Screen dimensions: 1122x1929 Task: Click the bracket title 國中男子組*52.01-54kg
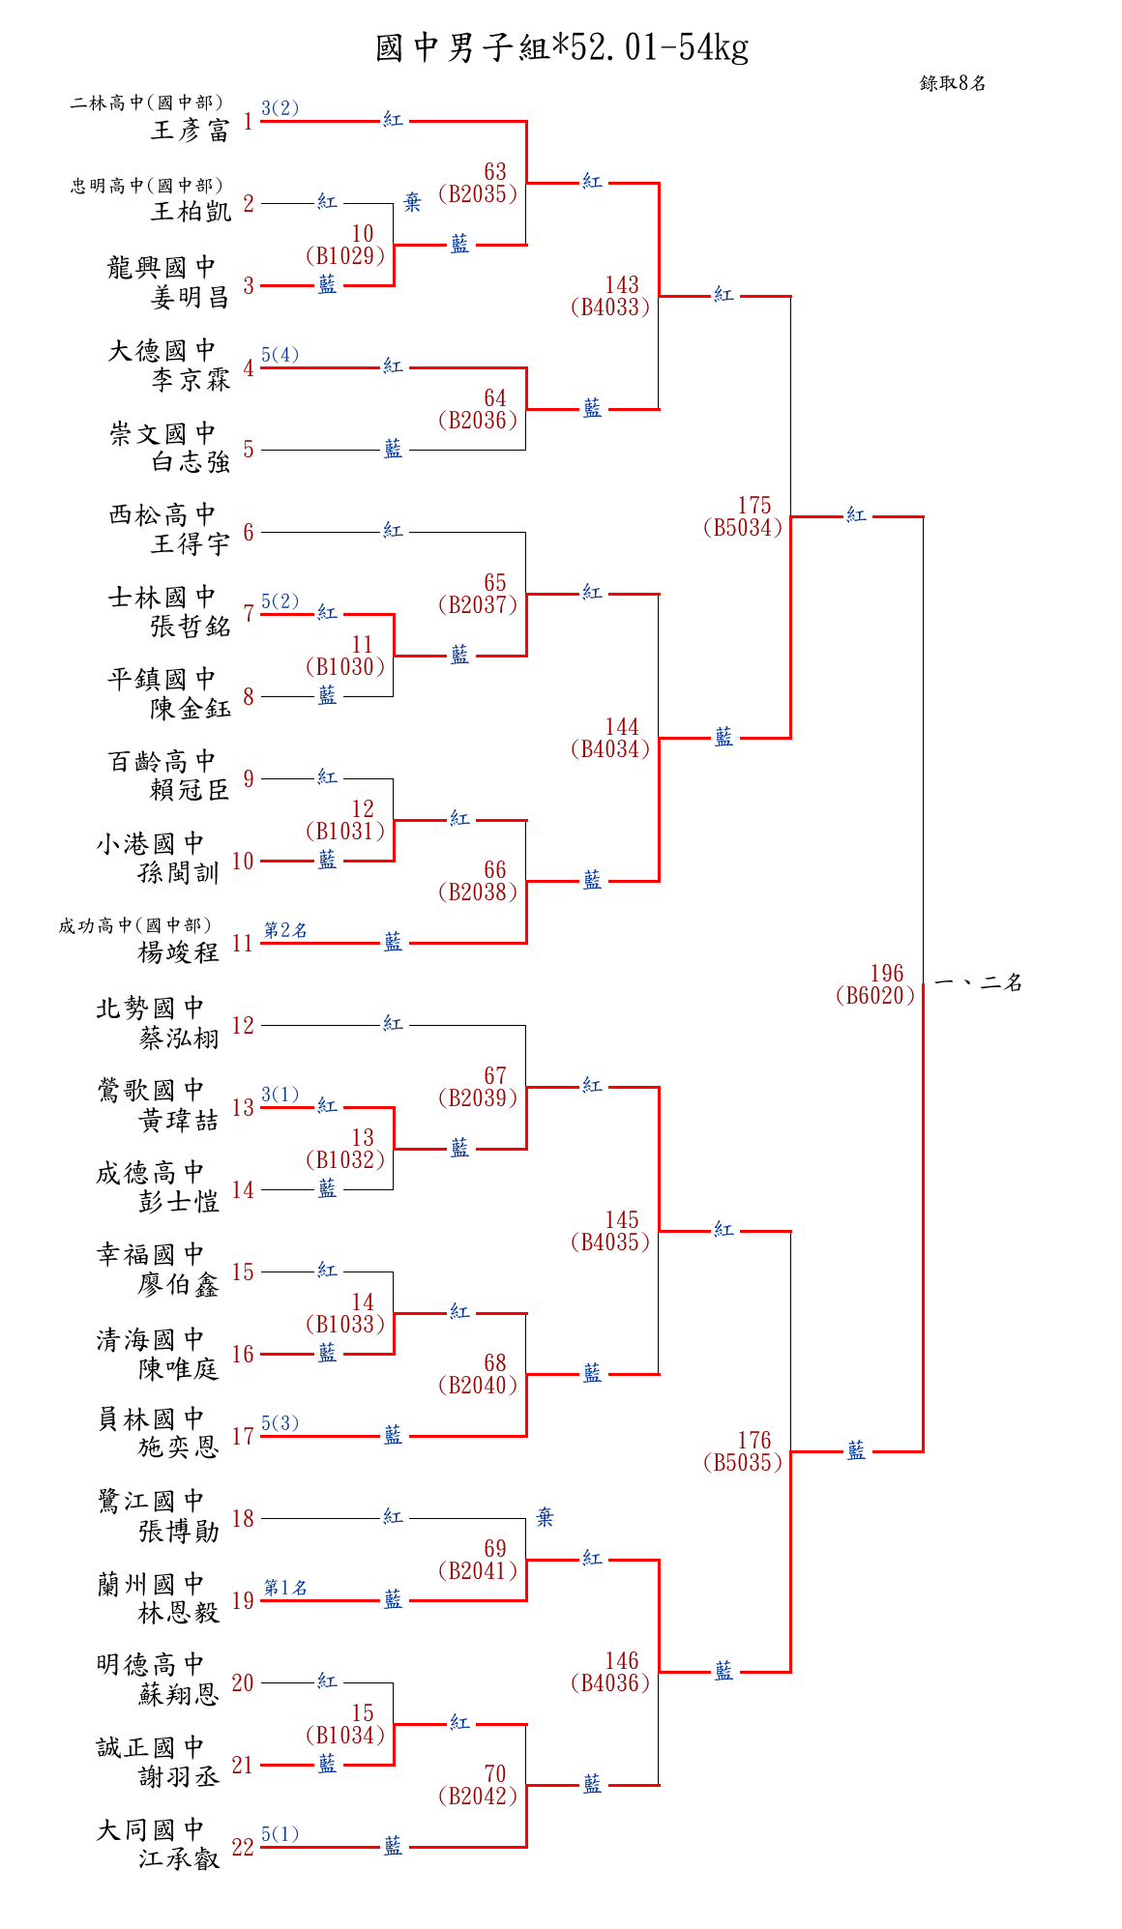[562, 47]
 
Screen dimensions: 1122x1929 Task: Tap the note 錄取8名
[953, 83]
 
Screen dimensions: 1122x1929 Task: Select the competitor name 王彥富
[191, 131]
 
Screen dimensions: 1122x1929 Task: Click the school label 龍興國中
[162, 267]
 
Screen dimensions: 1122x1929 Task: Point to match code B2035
[478, 193]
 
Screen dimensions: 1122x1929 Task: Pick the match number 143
[622, 284]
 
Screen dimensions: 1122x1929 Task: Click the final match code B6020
[875, 996]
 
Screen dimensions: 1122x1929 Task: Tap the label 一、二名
[979, 982]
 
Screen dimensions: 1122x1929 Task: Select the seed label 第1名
[285, 1587]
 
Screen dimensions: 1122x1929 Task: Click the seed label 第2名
[285, 929]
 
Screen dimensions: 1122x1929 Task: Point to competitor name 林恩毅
[179, 1613]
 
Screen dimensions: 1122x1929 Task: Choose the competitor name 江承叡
[179, 1858]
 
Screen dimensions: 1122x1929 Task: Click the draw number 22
[243, 1847]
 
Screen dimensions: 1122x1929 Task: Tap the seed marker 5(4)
[280, 355]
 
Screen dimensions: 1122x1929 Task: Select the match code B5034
[743, 528]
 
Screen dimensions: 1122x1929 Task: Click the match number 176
[754, 1440]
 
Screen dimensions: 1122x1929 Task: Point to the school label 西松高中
[162, 514]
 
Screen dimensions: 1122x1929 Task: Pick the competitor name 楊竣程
[179, 952]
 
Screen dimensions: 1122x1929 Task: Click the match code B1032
[345, 1159]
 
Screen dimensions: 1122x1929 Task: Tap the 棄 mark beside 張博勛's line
[546, 1517]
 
